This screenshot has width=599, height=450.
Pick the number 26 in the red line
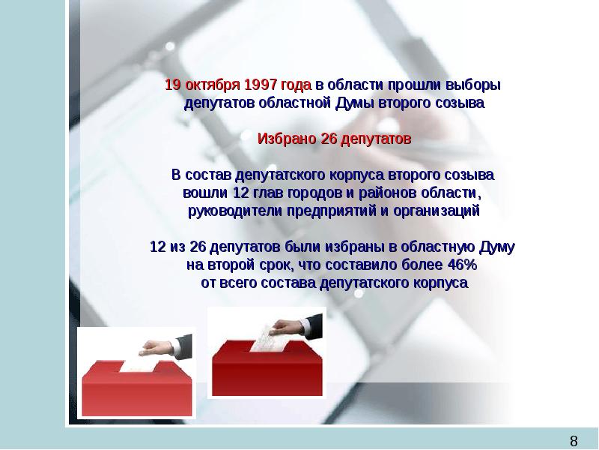click(329, 139)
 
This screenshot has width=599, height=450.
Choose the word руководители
click(230, 211)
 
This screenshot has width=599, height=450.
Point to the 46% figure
click(459, 265)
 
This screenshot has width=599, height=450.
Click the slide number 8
click(575, 439)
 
